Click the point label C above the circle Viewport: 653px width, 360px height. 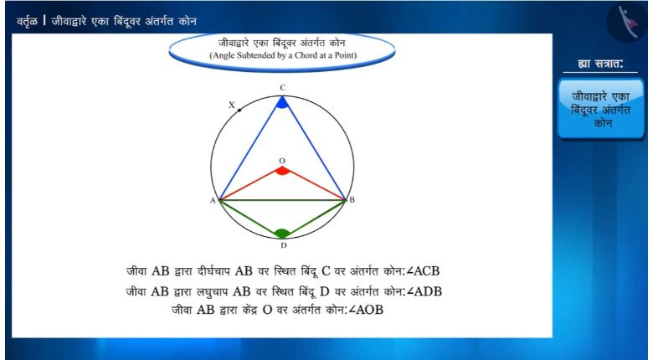pos(282,88)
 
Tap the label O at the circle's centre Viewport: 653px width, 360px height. pos(282,161)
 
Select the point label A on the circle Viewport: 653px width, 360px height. pos(213,200)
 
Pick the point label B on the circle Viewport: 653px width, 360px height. pos(352,199)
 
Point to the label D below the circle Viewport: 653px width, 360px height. pos(284,245)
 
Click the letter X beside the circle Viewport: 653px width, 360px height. pos(232,105)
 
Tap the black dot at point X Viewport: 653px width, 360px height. pos(239,111)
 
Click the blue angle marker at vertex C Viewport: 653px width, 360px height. pos(282,103)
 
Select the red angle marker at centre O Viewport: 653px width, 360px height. pos(282,171)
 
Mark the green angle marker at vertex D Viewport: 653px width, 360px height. pos(282,234)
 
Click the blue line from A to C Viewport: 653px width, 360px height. pos(250,148)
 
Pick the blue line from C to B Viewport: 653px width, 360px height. pos(314,148)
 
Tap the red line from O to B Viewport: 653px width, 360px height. pos(314,183)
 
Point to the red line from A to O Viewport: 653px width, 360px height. pos(250,183)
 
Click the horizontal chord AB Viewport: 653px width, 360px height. pos(282,200)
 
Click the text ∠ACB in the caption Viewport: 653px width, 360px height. pos(423,271)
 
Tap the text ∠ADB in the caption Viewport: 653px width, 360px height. pos(424,291)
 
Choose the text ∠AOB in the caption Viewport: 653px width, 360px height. pos(365,310)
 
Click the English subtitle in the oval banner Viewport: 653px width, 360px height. pos(283,55)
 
